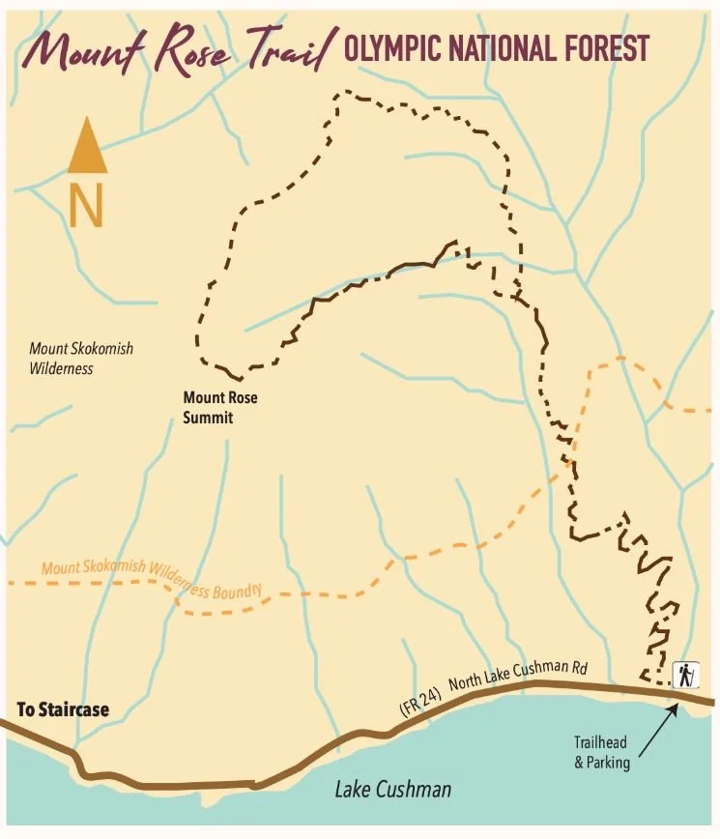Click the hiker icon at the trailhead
pos(686,674)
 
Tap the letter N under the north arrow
pos(86,206)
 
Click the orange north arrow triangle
pos(87,150)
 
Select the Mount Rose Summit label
pos(221,407)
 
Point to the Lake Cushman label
pos(392,790)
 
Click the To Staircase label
pos(63,710)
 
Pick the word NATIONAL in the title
pos(503,48)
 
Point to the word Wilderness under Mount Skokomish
pos(61,368)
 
